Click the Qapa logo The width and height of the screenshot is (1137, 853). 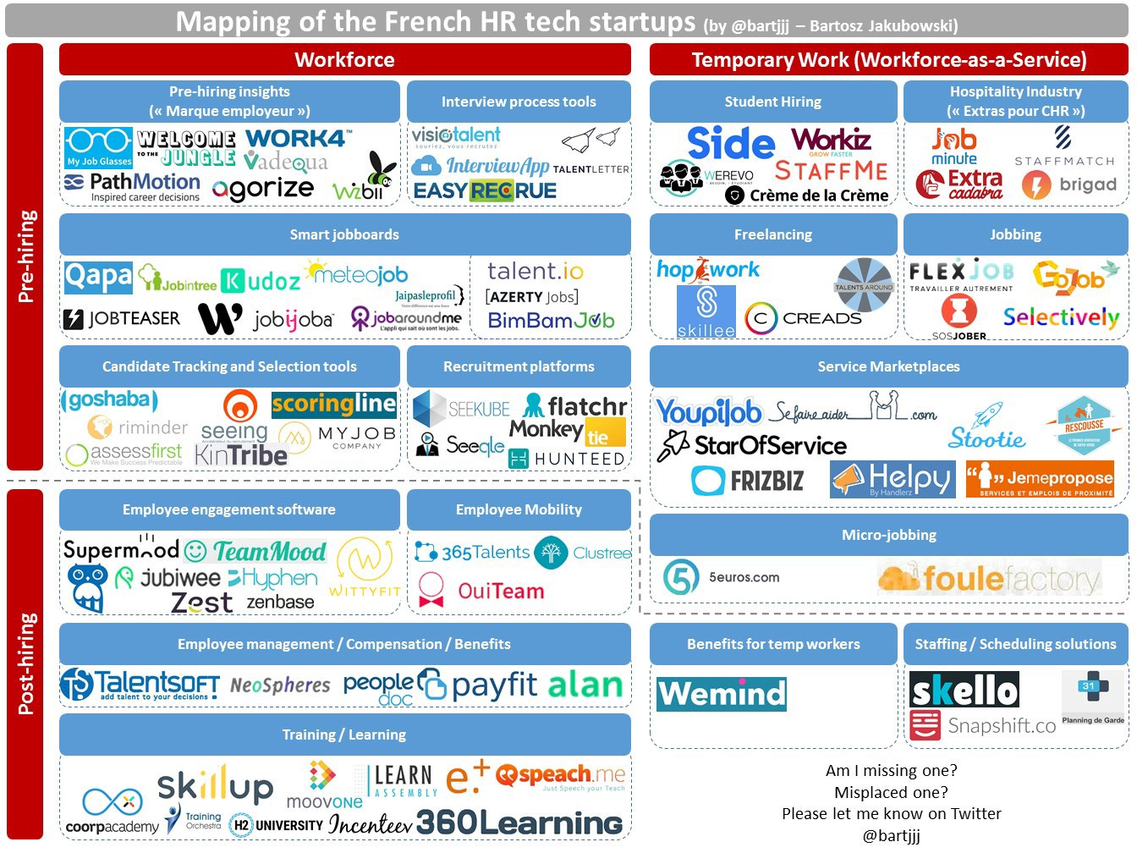(98, 277)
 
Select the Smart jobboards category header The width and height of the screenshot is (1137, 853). (344, 234)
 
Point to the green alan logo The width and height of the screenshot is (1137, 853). (585, 685)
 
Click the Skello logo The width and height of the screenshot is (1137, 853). (964, 690)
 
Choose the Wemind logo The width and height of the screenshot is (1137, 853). (722, 693)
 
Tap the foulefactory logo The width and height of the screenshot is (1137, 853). (989, 579)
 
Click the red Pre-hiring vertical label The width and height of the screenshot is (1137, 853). (25, 256)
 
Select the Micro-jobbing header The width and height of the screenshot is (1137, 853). (888, 535)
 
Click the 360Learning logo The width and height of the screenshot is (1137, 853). (519, 822)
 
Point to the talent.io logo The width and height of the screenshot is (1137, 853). (536, 272)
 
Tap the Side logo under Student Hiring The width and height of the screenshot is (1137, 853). (730, 143)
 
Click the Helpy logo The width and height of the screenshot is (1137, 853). (893, 480)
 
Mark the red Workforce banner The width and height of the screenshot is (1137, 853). (344, 59)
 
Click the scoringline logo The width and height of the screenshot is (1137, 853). (333, 404)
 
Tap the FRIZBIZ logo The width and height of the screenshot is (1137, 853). (748, 481)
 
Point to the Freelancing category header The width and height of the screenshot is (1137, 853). (772, 234)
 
